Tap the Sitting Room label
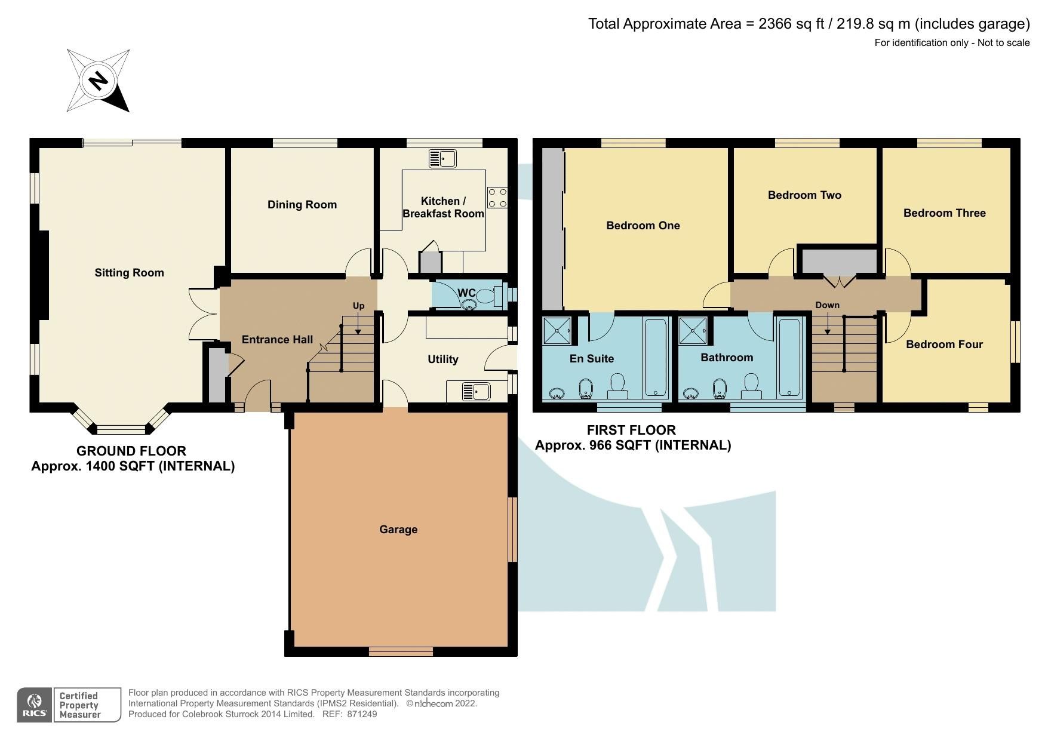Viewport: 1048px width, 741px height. coord(129,273)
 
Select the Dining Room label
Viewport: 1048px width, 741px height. coord(302,205)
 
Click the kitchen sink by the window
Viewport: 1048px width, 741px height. coord(442,159)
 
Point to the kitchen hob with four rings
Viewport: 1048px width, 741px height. coord(497,198)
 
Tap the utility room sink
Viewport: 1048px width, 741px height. coord(476,392)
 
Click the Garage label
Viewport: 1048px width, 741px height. coord(398,530)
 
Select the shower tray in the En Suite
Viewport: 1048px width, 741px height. coord(557,330)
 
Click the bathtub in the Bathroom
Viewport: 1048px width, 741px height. coord(789,358)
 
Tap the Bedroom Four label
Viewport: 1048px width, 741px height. coord(943,345)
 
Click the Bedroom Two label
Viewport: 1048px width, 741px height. coord(804,195)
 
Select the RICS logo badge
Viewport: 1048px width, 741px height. coord(35,705)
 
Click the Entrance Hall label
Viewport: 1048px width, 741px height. coord(277,340)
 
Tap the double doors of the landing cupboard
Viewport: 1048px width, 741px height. coord(840,281)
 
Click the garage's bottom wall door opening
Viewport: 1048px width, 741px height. coord(400,652)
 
